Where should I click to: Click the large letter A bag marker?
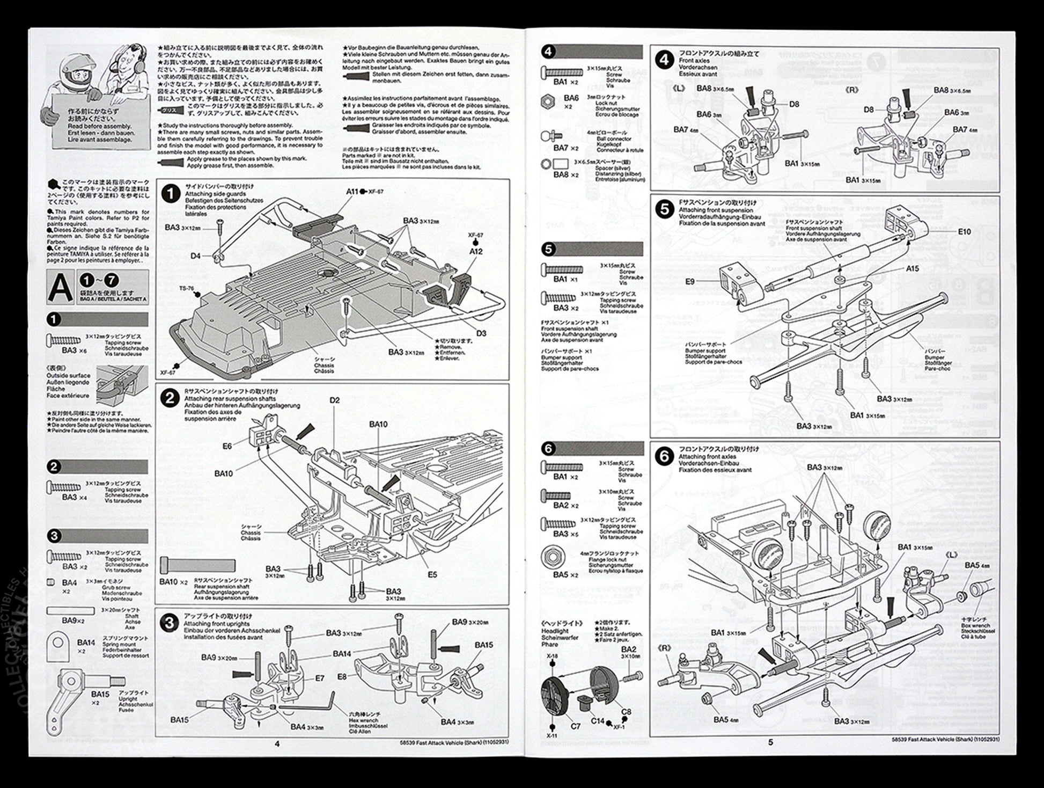[60, 287]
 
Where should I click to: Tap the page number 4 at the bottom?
[277, 743]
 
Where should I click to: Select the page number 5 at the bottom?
[771, 743]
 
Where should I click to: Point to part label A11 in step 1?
[352, 192]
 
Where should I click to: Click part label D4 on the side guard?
[196, 256]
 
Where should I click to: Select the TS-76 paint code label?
[187, 288]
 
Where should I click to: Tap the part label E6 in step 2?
[227, 446]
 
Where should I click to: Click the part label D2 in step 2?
[335, 400]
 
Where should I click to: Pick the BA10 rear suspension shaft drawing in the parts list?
[197, 566]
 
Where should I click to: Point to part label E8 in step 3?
[343, 677]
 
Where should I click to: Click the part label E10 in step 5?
[964, 231]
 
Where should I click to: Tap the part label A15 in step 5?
[912, 268]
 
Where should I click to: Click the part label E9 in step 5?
[690, 281]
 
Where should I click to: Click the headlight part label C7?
[575, 726]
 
